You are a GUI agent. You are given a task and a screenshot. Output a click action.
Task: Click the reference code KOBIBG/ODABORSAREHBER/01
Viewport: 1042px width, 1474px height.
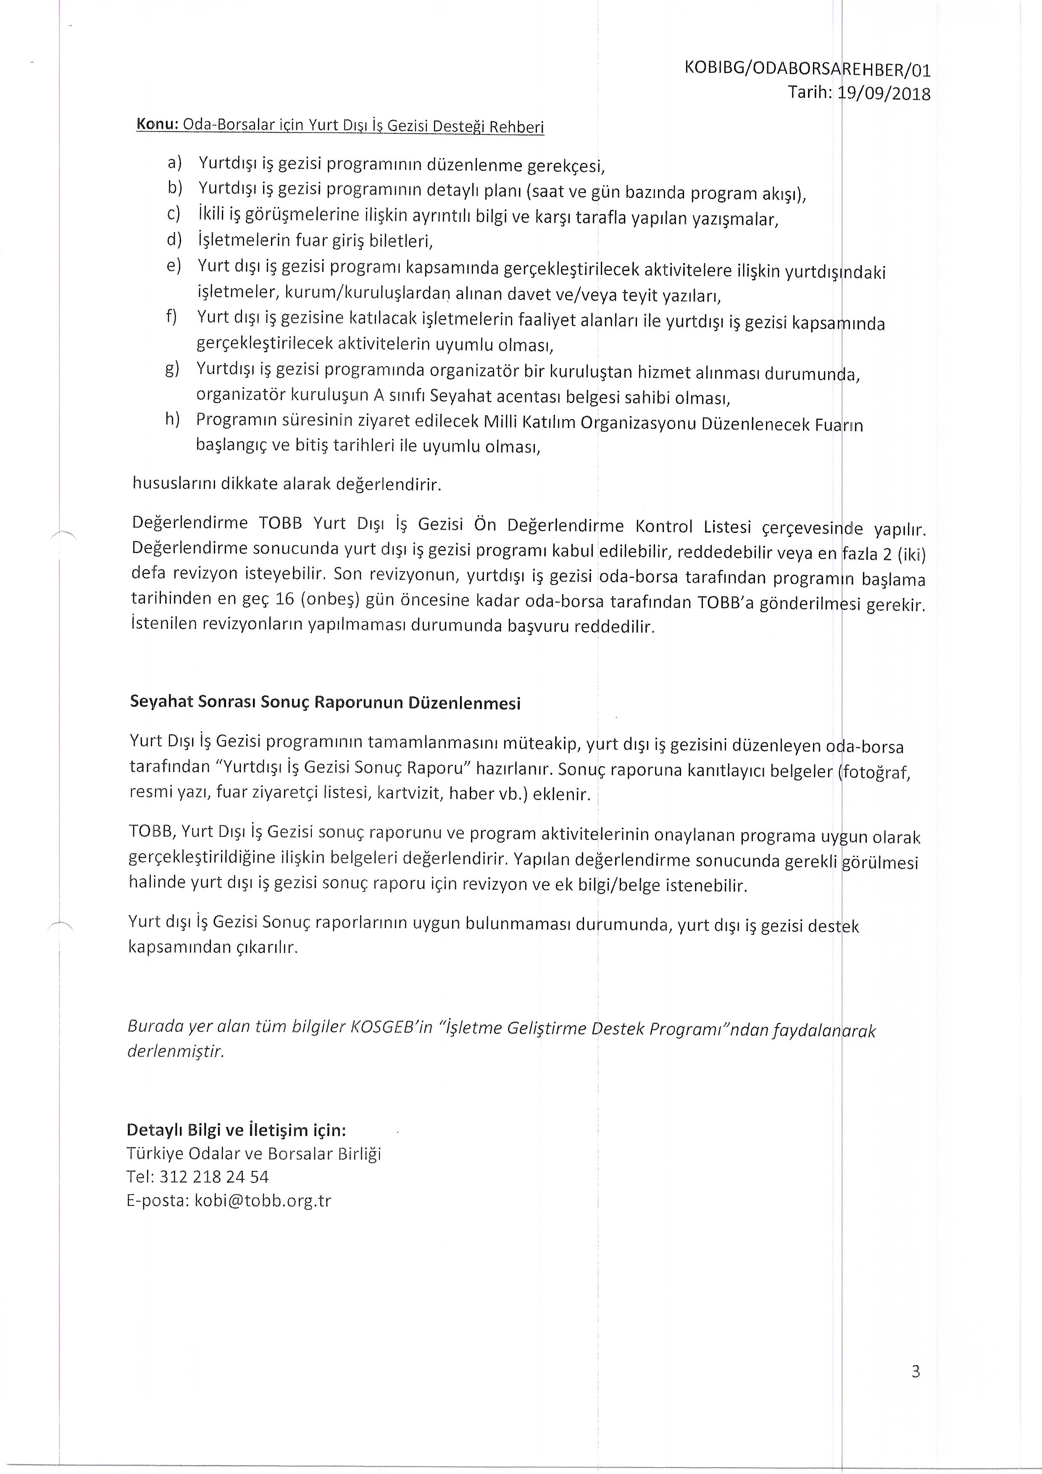[807, 69]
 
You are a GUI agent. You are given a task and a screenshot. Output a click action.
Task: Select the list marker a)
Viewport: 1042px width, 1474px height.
[174, 162]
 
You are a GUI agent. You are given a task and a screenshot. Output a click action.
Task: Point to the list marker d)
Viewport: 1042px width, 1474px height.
[174, 240]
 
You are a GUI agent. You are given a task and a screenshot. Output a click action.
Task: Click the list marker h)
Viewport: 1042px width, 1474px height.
[172, 419]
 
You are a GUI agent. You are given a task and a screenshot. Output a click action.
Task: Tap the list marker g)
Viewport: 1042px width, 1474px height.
[172, 369]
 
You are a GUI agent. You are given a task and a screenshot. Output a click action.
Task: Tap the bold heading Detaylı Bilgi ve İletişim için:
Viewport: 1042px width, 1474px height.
[236, 1130]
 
